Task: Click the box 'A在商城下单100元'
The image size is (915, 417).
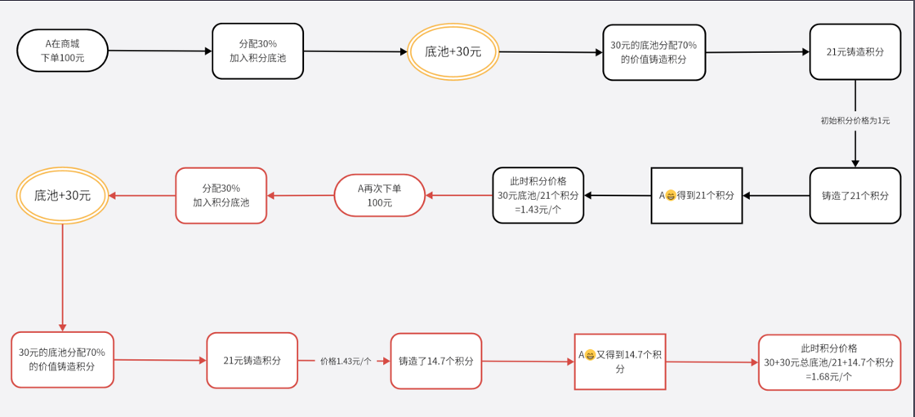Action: (62, 51)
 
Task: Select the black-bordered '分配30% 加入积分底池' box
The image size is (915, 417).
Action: (257, 51)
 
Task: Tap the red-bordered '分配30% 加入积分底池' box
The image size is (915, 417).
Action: (221, 195)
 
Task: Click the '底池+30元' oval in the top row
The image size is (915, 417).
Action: (453, 51)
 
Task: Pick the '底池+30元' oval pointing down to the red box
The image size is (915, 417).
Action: (62, 196)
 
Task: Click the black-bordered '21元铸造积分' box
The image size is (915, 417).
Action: (855, 51)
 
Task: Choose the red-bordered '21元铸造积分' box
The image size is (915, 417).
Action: (252, 360)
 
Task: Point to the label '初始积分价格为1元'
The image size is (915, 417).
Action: (855, 121)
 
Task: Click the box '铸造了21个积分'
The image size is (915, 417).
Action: (855, 196)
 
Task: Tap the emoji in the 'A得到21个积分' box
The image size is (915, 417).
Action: (671, 196)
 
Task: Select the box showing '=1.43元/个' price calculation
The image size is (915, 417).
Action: (538, 196)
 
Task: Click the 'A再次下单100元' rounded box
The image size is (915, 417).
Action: (379, 195)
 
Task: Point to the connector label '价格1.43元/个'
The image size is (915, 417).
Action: (346, 361)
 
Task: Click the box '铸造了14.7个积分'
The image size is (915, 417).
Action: (436, 361)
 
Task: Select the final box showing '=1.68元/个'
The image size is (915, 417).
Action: (828, 362)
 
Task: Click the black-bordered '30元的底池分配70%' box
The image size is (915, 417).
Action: (654, 51)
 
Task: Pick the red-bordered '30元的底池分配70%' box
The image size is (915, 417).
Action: (62, 360)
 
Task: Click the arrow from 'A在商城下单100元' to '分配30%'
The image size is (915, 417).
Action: (159, 51)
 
